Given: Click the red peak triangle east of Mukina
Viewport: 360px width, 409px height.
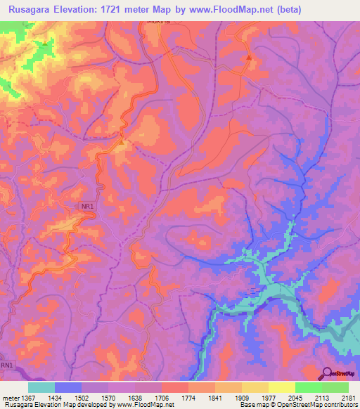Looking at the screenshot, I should click(249, 58).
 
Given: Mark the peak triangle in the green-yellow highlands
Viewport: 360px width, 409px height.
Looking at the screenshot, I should click(46, 44).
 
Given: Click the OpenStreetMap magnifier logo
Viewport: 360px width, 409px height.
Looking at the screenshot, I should click(326, 374).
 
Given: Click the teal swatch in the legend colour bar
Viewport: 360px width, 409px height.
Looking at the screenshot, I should click(41, 387).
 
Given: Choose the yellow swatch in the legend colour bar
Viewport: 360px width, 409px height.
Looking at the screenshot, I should click(281, 387).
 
